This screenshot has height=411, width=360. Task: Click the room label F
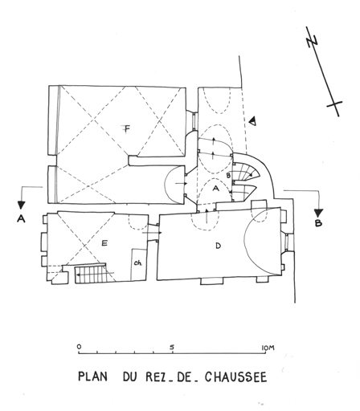pos(127,129)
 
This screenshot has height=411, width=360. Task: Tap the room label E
pos(104,243)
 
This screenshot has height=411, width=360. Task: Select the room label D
pos(219,246)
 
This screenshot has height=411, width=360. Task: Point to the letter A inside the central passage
pos(215,189)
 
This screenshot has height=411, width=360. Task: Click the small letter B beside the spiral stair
pos(228,176)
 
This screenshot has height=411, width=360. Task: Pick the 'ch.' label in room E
pos(138,263)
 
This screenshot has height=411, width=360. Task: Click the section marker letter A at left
pos(21,219)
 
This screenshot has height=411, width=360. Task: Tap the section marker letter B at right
pos(318,223)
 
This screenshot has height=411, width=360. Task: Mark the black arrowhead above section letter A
pos(21,205)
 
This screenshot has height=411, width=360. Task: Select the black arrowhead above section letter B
pos(318,213)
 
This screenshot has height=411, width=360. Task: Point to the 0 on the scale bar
pos(79,347)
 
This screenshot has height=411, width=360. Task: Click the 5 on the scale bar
pos(172,347)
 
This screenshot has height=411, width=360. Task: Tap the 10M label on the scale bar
pos(268,348)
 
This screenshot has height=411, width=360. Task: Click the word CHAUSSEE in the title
pos(236,376)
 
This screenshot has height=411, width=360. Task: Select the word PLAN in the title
pos(92,376)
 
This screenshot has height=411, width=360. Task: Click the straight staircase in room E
pos(91,275)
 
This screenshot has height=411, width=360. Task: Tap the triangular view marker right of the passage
pos(252,121)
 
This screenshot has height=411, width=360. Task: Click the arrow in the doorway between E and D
pos(152,233)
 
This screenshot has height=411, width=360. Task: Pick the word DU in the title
pos(130,376)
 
